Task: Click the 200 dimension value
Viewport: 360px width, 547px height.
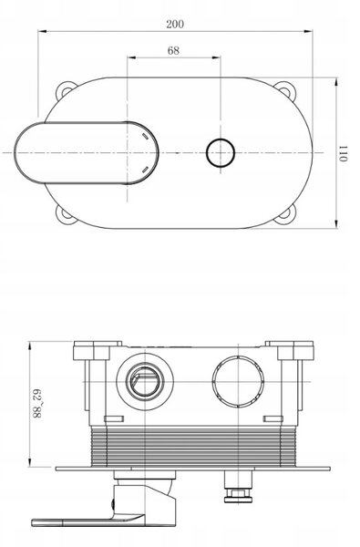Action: point(175,24)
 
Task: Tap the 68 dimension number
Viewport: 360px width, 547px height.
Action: point(173,50)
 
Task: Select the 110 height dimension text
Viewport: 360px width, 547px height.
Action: point(344,153)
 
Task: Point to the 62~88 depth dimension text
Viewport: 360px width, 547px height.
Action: point(37,404)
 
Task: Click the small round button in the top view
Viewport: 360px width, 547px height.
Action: point(221,153)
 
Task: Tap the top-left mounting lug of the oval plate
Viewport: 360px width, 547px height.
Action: point(66,90)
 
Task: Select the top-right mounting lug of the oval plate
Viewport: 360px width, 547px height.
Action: point(285,89)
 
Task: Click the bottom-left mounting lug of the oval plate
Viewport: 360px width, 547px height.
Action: point(66,213)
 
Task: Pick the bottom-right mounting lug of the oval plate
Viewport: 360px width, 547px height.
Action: point(285,214)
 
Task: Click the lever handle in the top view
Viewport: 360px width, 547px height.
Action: point(87,153)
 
